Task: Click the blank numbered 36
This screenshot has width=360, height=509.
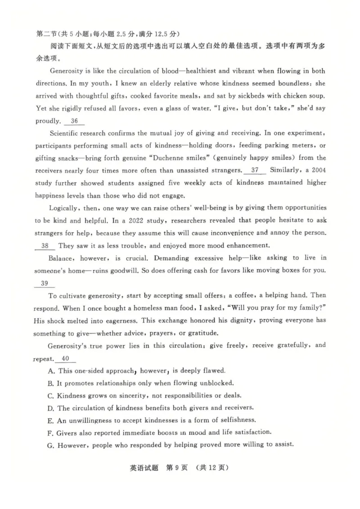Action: [x=74, y=121]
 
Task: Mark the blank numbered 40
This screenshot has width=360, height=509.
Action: [x=65, y=358]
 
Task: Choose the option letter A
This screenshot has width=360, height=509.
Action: [x=50, y=371]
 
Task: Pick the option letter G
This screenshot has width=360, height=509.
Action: [x=50, y=445]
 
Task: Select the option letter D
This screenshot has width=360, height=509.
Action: [x=50, y=408]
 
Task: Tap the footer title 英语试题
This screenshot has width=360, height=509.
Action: [x=139, y=468]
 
